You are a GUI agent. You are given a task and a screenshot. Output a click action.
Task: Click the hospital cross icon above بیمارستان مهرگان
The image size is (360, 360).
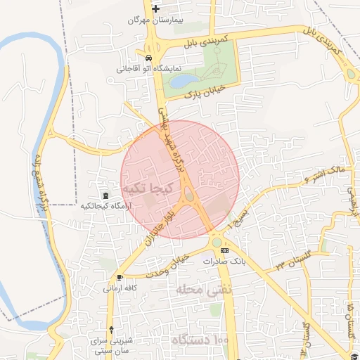tap(155, 8)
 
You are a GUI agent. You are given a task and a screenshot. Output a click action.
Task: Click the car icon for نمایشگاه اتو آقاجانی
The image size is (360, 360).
tap(148, 58)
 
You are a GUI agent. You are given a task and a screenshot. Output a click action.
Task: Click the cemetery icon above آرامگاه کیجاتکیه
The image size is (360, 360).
tap(105, 195)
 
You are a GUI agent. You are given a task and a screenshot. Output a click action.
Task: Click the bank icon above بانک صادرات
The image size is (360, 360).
tap(224, 250)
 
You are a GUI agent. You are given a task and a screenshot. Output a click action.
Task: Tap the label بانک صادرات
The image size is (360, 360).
tap(223, 261)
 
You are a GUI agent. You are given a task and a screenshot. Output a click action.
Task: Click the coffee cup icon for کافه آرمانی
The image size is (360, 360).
tap(120, 277)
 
